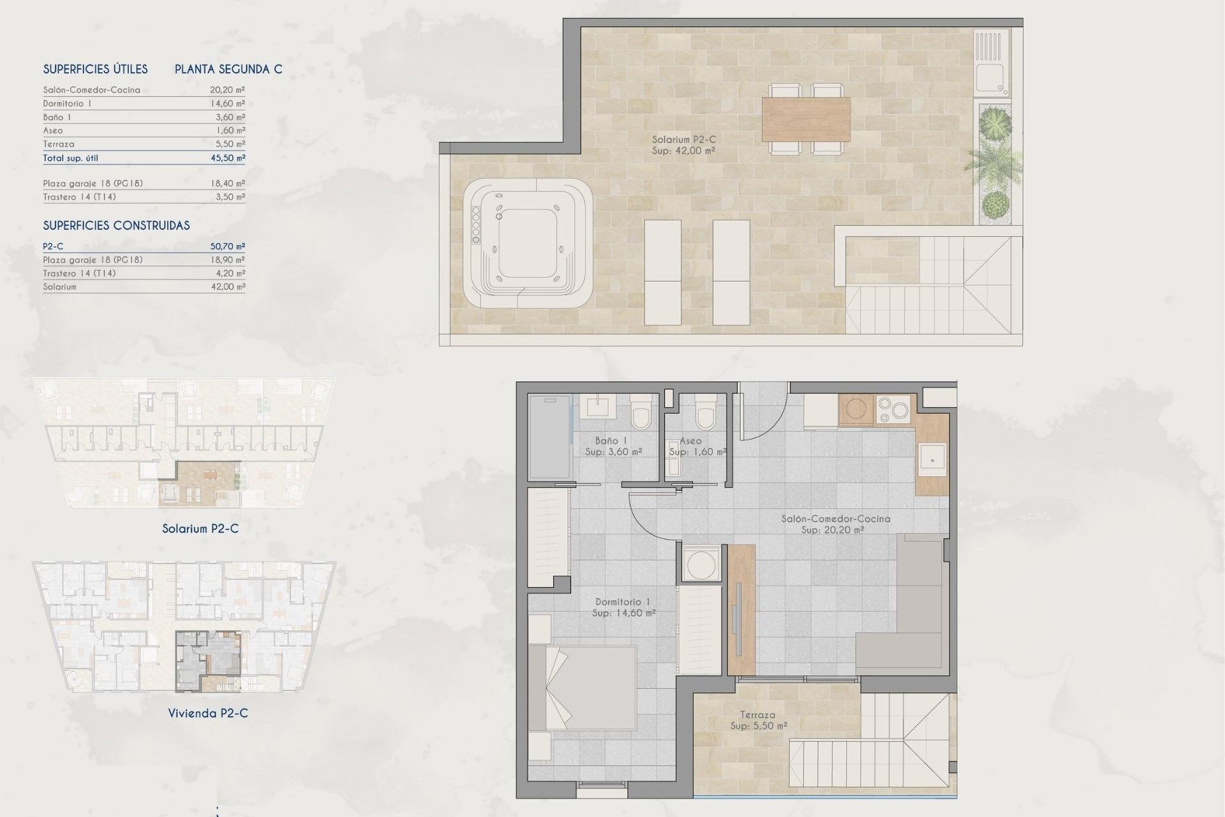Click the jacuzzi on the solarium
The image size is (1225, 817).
coord(528,243)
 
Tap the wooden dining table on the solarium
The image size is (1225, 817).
coord(806,119)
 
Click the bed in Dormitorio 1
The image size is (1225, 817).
coord(583,688)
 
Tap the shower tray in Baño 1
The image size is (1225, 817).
coord(549,437)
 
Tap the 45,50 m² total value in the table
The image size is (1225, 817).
coord(228,158)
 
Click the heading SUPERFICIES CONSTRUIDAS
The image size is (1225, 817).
coord(116,225)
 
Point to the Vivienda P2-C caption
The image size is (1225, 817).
coord(208,713)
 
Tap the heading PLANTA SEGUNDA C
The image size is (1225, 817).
coord(228,69)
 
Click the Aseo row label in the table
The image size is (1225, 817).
coord(53,130)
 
